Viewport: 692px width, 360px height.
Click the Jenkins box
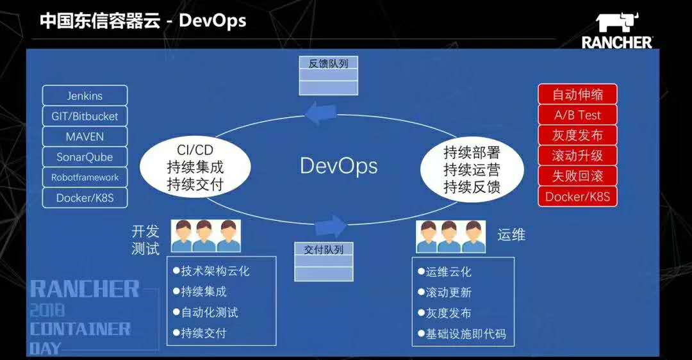pos(85,96)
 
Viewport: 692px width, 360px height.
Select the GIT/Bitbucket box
pos(85,117)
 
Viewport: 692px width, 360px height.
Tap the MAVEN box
pos(85,137)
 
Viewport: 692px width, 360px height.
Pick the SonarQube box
pos(85,157)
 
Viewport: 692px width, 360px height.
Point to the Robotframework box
pos(85,177)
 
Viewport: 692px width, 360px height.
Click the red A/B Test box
pos(577,115)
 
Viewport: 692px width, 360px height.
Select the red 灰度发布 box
pos(577,136)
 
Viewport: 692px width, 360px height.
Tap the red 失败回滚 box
pos(577,176)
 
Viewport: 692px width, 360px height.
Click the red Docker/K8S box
pos(577,197)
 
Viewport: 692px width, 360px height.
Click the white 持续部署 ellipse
pos(472,170)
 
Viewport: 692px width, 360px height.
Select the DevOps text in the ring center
pos(338,166)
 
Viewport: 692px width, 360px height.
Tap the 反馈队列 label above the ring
pos(328,63)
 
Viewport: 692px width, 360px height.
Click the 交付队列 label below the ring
pos(324,250)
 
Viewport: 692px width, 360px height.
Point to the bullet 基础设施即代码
pos(466,334)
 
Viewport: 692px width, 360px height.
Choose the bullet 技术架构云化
pos(215,271)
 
